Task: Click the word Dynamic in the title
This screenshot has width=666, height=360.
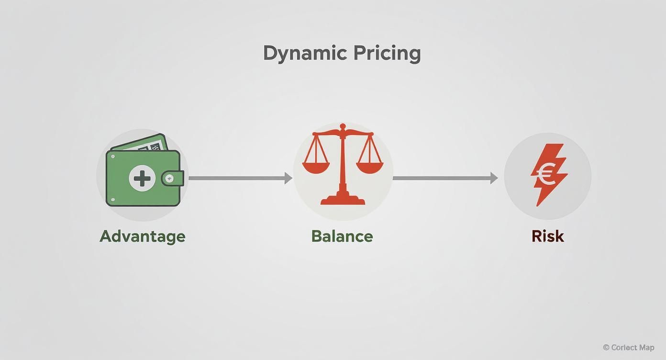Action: (305, 54)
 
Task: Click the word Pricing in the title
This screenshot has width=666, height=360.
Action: (387, 54)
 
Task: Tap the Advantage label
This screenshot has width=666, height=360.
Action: (143, 237)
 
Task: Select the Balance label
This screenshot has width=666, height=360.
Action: (342, 236)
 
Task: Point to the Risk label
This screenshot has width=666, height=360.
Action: (548, 236)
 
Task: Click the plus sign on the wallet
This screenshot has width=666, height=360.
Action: (142, 178)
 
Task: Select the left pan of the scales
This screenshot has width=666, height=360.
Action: (316, 167)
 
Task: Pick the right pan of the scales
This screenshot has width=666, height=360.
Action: (369, 167)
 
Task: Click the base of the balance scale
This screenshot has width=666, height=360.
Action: (343, 199)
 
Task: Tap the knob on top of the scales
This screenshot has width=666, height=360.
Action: (343, 126)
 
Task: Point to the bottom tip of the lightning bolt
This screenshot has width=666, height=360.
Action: (537, 206)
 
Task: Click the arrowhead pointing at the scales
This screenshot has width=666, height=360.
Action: (288, 178)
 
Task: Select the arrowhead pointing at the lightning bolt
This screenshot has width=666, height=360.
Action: (494, 178)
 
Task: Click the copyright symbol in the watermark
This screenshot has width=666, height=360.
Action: (606, 347)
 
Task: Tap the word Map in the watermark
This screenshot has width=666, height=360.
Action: (646, 348)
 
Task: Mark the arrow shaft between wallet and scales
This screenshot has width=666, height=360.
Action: (237, 178)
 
